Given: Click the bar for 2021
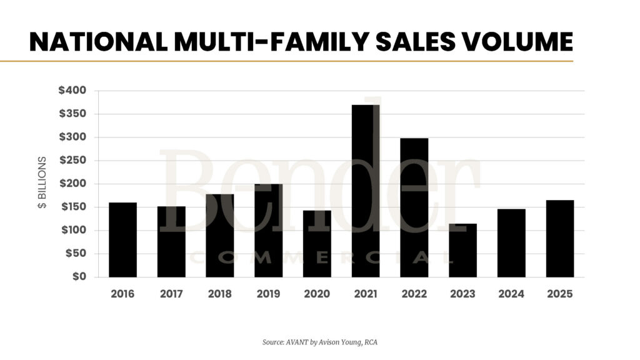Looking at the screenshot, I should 366,191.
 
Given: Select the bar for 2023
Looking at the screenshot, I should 462,250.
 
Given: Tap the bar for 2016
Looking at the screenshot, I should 122,239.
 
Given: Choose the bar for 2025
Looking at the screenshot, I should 559,238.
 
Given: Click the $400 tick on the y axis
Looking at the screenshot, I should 72,91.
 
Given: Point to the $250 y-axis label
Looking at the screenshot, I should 72,161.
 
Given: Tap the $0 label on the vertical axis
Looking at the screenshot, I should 79,277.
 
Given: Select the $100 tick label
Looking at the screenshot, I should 72,231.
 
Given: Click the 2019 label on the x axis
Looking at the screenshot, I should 268,294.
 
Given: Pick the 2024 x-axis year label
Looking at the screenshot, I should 511,294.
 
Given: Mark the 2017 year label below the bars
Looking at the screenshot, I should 171,294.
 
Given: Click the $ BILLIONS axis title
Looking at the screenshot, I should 42,183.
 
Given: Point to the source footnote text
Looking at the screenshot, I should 319,342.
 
